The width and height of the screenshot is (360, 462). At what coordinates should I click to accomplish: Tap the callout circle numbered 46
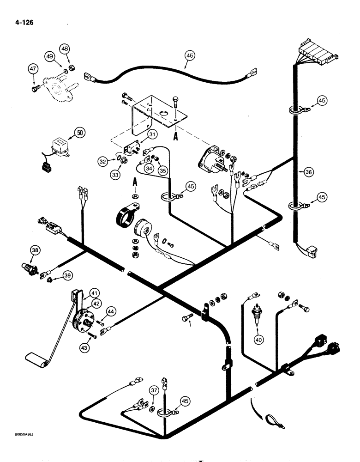(x=190, y=55)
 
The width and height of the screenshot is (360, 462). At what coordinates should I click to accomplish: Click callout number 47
(x=33, y=69)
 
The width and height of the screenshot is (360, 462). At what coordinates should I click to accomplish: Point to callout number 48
(x=65, y=49)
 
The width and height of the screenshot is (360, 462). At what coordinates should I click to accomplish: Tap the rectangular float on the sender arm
(x=36, y=360)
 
